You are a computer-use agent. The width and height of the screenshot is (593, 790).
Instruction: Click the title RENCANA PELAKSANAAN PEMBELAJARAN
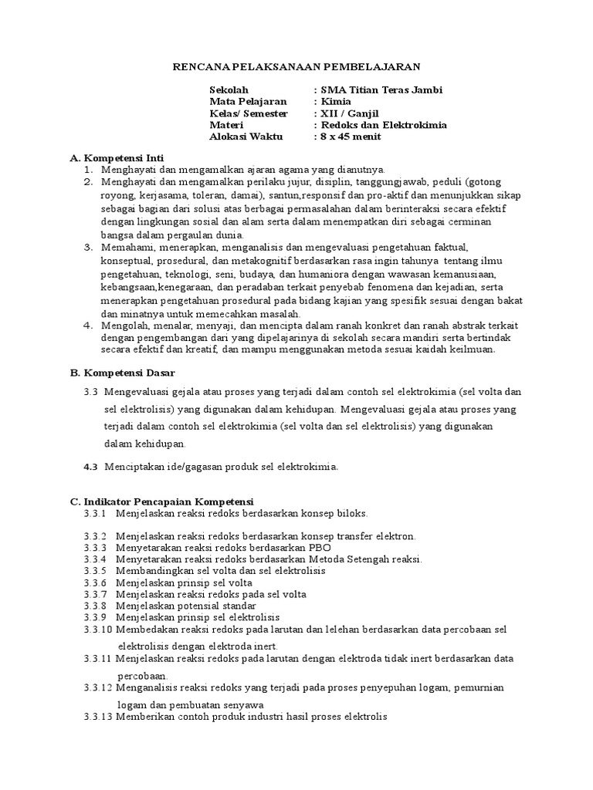[296, 67]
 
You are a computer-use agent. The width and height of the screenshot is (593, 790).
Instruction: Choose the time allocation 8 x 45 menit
[351, 137]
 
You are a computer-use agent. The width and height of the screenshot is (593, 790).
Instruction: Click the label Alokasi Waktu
[246, 137]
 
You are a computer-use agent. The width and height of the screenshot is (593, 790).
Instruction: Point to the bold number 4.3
[90, 466]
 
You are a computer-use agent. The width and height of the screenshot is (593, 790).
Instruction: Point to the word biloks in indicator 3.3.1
[352, 512]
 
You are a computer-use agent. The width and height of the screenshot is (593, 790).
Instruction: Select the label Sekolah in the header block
[229, 89]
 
